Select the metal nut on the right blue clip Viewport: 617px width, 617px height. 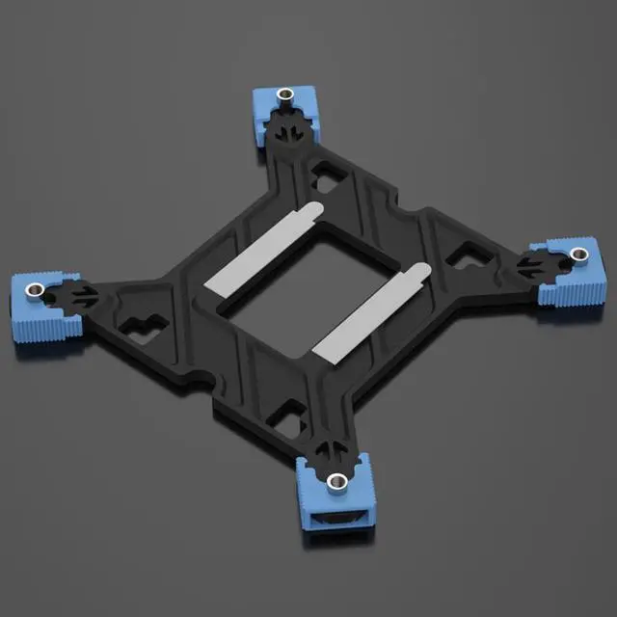tap(578, 255)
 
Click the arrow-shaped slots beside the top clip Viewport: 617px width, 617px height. tap(288, 130)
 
